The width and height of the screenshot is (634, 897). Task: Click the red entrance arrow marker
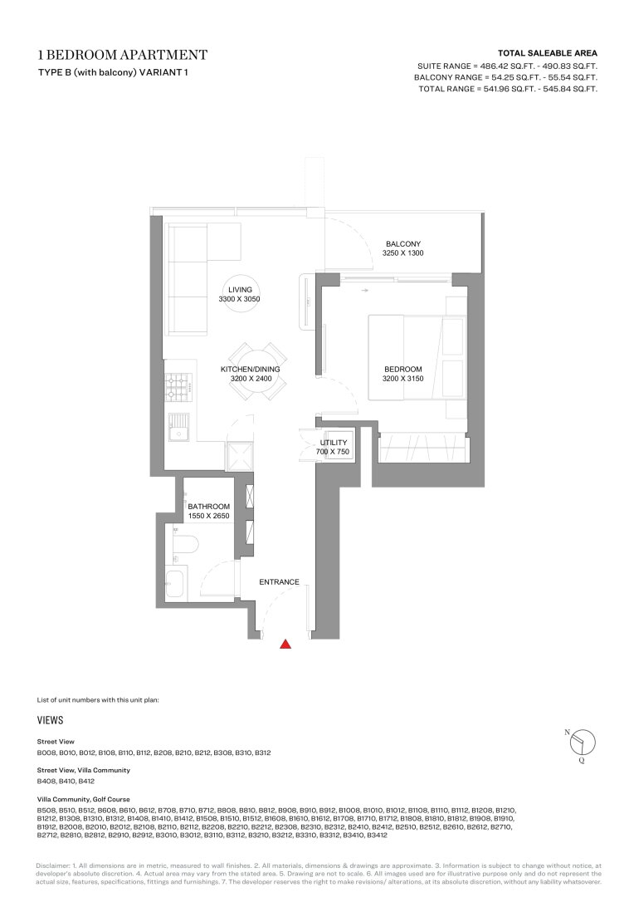click(x=285, y=643)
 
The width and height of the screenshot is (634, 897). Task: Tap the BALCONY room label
click(x=402, y=243)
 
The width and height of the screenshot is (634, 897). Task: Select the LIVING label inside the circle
click(x=239, y=288)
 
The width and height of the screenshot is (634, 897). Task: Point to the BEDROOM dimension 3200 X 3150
click(x=402, y=379)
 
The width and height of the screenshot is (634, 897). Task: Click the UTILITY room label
click(x=333, y=443)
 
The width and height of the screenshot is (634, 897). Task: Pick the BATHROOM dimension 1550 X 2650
click(x=208, y=516)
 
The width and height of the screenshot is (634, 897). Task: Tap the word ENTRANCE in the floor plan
click(x=279, y=582)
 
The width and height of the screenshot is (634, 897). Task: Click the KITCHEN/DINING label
click(x=250, y=369)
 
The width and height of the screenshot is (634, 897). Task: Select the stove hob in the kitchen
click(x=178, y=387)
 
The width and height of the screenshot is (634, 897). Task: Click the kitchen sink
click(x=178, y=429)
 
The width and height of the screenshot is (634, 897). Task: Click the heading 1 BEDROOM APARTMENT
click(x=123, y=55)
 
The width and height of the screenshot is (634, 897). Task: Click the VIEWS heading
click(x=50, y=721)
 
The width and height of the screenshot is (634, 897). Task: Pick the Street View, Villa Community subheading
click(x=83, y=770)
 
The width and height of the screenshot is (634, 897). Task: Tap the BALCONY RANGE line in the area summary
click(x=505, y=76)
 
